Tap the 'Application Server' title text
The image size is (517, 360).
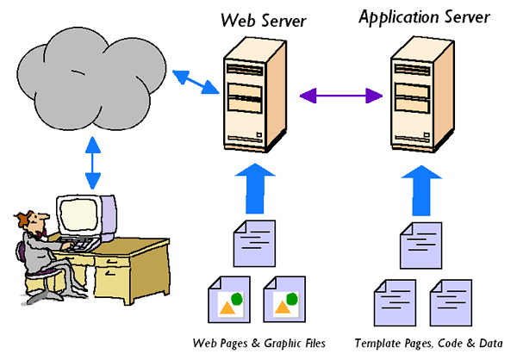(425, 16)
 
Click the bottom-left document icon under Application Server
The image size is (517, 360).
(392, 302)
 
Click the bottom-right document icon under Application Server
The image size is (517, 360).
(450, 302)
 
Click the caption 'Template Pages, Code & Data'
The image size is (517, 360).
(428, 343)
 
